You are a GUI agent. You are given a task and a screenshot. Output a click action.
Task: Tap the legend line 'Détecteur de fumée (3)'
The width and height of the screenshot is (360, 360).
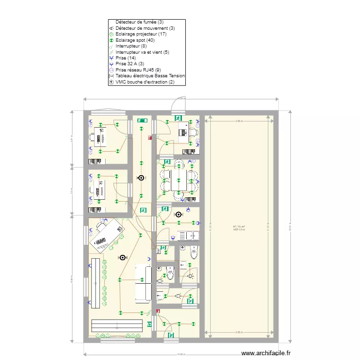[139, 22]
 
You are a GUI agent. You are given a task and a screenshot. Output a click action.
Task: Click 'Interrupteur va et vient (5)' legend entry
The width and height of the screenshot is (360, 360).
[143, 52]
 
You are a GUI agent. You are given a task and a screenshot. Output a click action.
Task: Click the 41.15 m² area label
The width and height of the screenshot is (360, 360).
[239, 227]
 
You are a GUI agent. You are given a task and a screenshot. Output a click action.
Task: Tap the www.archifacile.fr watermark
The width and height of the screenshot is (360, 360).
[266, 353]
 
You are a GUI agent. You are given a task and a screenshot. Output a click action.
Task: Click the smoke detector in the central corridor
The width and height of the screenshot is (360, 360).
[141, 178]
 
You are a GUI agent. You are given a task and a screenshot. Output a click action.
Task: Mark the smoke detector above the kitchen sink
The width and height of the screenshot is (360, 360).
[179, 215]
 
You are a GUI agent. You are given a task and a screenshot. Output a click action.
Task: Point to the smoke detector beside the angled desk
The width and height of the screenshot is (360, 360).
[123, 257]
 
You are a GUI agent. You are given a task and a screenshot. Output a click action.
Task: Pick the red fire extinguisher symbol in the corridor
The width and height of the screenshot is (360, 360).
[150, 138]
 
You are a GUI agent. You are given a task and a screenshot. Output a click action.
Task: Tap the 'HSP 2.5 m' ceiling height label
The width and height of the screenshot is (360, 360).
[239, 230]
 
